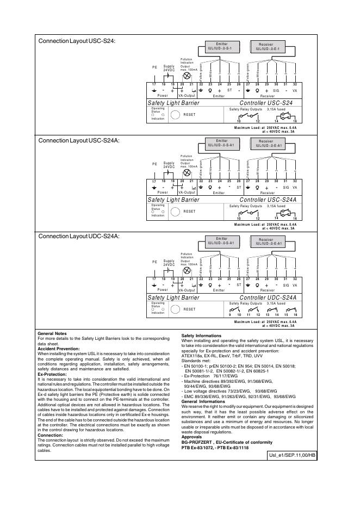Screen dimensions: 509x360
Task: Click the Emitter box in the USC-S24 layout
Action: [221, 46]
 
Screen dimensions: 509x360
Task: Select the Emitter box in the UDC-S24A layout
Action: [221, 241]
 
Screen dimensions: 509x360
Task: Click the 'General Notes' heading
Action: [52, 333]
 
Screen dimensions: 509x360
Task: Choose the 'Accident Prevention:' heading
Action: [59, 349]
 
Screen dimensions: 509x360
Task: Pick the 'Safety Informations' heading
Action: [201, 336]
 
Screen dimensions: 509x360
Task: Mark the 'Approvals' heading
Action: [191, 437]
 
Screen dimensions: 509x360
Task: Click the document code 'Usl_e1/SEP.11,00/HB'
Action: [292, 455]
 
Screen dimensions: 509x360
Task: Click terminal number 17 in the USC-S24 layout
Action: [154, 83]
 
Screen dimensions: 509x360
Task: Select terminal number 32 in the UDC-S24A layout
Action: [295, 278]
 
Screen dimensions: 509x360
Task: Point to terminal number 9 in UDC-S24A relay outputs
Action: [229, 315]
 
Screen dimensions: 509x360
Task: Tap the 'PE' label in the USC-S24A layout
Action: [154, 163]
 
